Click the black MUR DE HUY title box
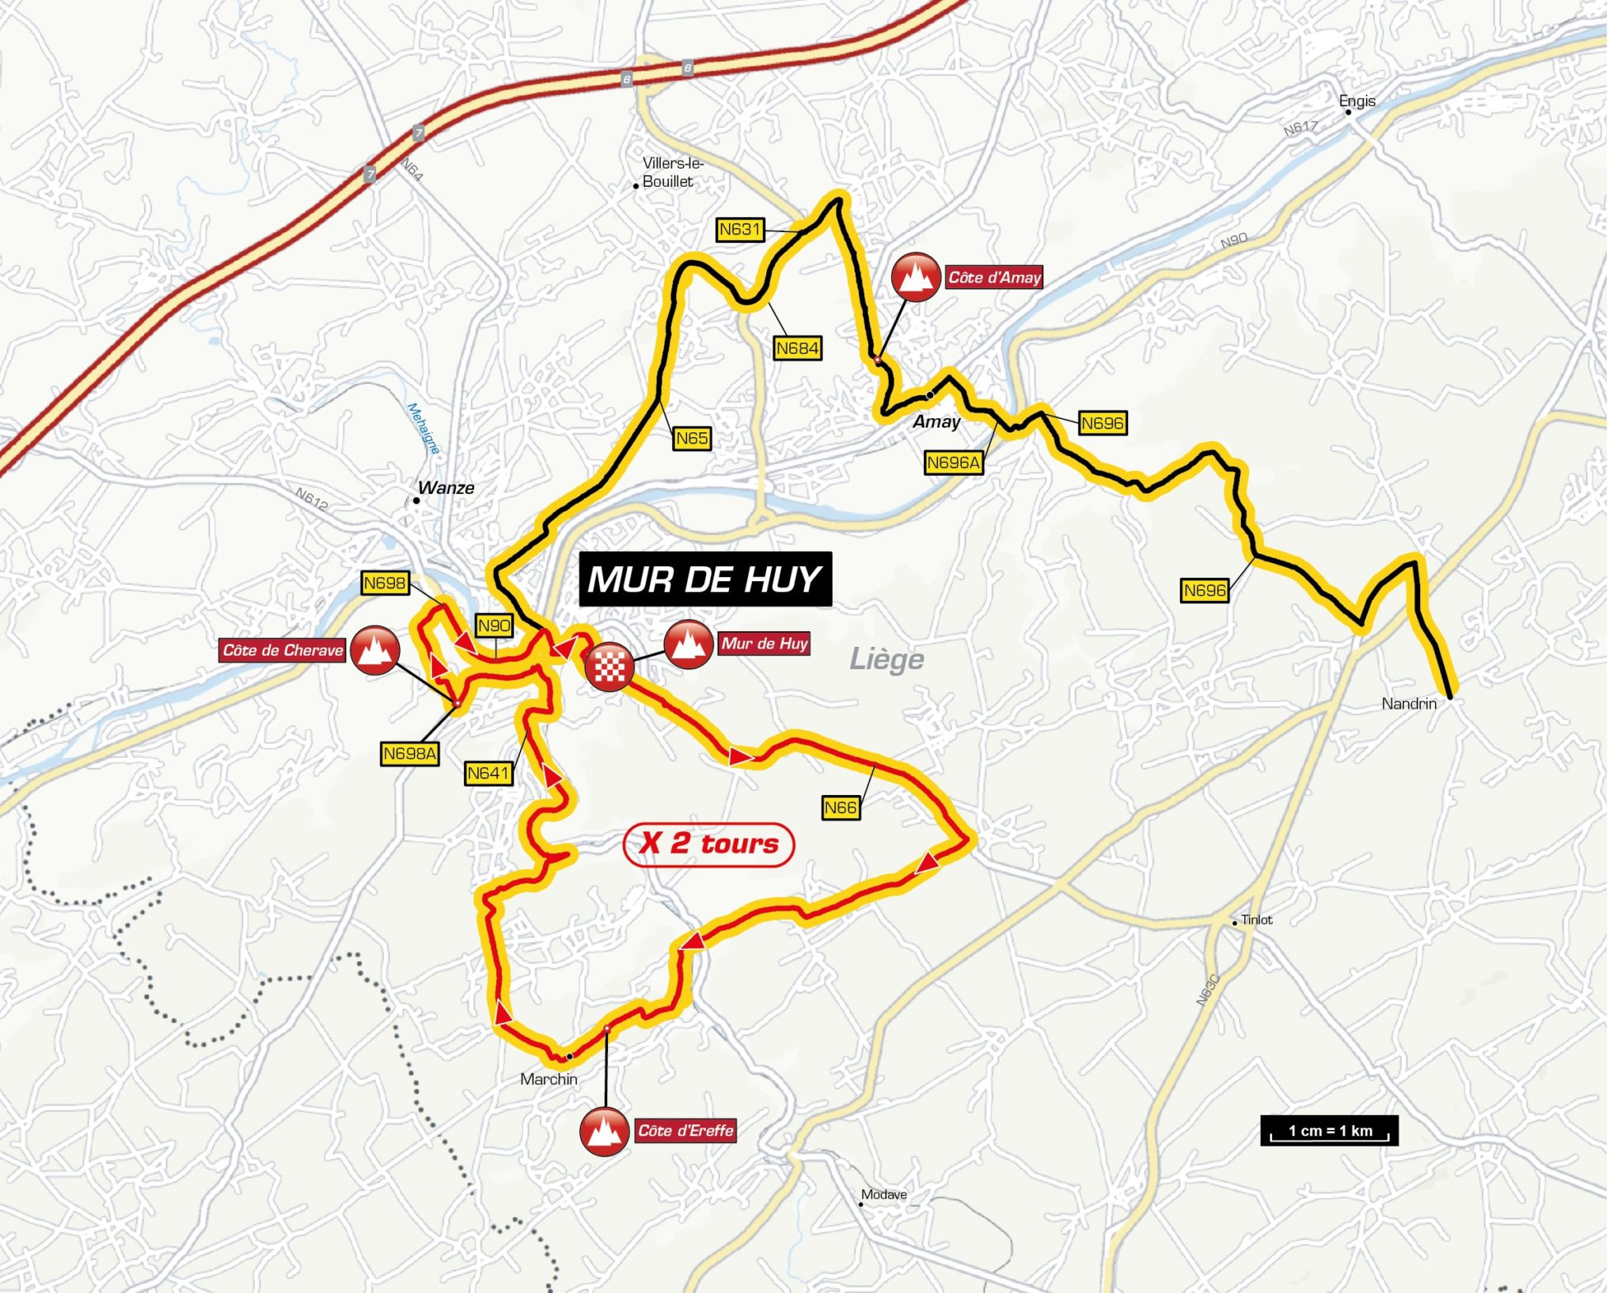coord(704,580)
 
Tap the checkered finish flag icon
coord(609,667)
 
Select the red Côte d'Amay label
coord(994,277)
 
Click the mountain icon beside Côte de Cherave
coord(374,650)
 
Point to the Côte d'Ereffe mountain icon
coord(604,1131)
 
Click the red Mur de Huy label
coord(764,643)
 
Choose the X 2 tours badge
coord(708,844)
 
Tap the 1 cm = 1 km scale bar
coord(1329,1131)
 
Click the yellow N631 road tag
coord(739,230)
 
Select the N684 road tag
coord(797,348)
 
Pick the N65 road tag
coord(692,439)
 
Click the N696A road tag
coord(953,462)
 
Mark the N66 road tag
coord(840,808)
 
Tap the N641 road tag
coord(488,773)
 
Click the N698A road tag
coord(409,754)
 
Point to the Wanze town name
coord(446,488)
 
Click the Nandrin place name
coord(1408,703)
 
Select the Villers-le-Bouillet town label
coord(671,172)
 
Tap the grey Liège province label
coord(886,659)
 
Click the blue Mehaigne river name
coord(423,428)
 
